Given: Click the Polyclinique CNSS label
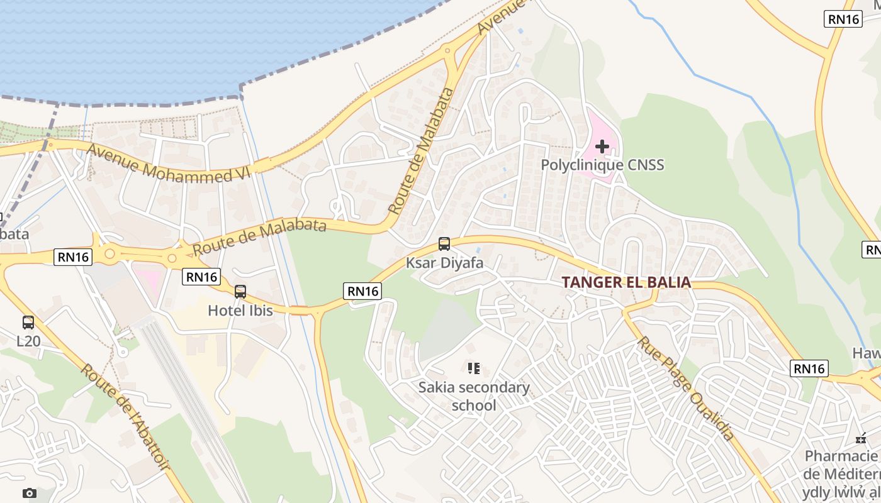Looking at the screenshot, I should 602,165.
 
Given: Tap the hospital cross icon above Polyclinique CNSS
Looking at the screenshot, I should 602,146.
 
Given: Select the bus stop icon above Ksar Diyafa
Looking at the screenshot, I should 444,244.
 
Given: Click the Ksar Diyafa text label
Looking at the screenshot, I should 444,263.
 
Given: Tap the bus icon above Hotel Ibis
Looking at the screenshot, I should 240,292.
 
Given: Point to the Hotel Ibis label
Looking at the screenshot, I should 240,311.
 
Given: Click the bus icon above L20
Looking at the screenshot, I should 28,323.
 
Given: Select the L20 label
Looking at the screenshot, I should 28,341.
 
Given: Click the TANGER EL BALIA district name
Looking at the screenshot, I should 626,282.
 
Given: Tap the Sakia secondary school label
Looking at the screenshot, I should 474,396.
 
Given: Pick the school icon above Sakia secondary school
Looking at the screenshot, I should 474,368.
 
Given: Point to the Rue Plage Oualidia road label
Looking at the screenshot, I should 686,389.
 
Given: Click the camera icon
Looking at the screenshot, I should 29,494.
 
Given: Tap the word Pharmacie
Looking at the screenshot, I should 841,456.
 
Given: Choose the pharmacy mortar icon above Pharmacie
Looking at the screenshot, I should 861,438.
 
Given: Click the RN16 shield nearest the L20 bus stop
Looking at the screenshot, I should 73,257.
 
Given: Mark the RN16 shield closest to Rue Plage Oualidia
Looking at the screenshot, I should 809,368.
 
